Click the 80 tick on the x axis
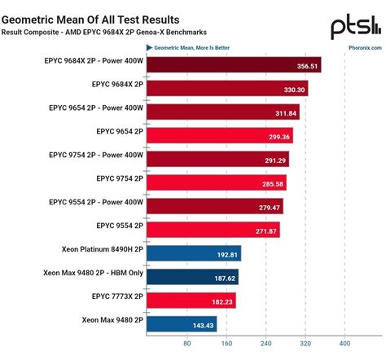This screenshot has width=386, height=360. pos(186,343)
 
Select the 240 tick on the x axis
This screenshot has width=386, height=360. pos(265,343)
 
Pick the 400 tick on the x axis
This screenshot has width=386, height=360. pos(344,343)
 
